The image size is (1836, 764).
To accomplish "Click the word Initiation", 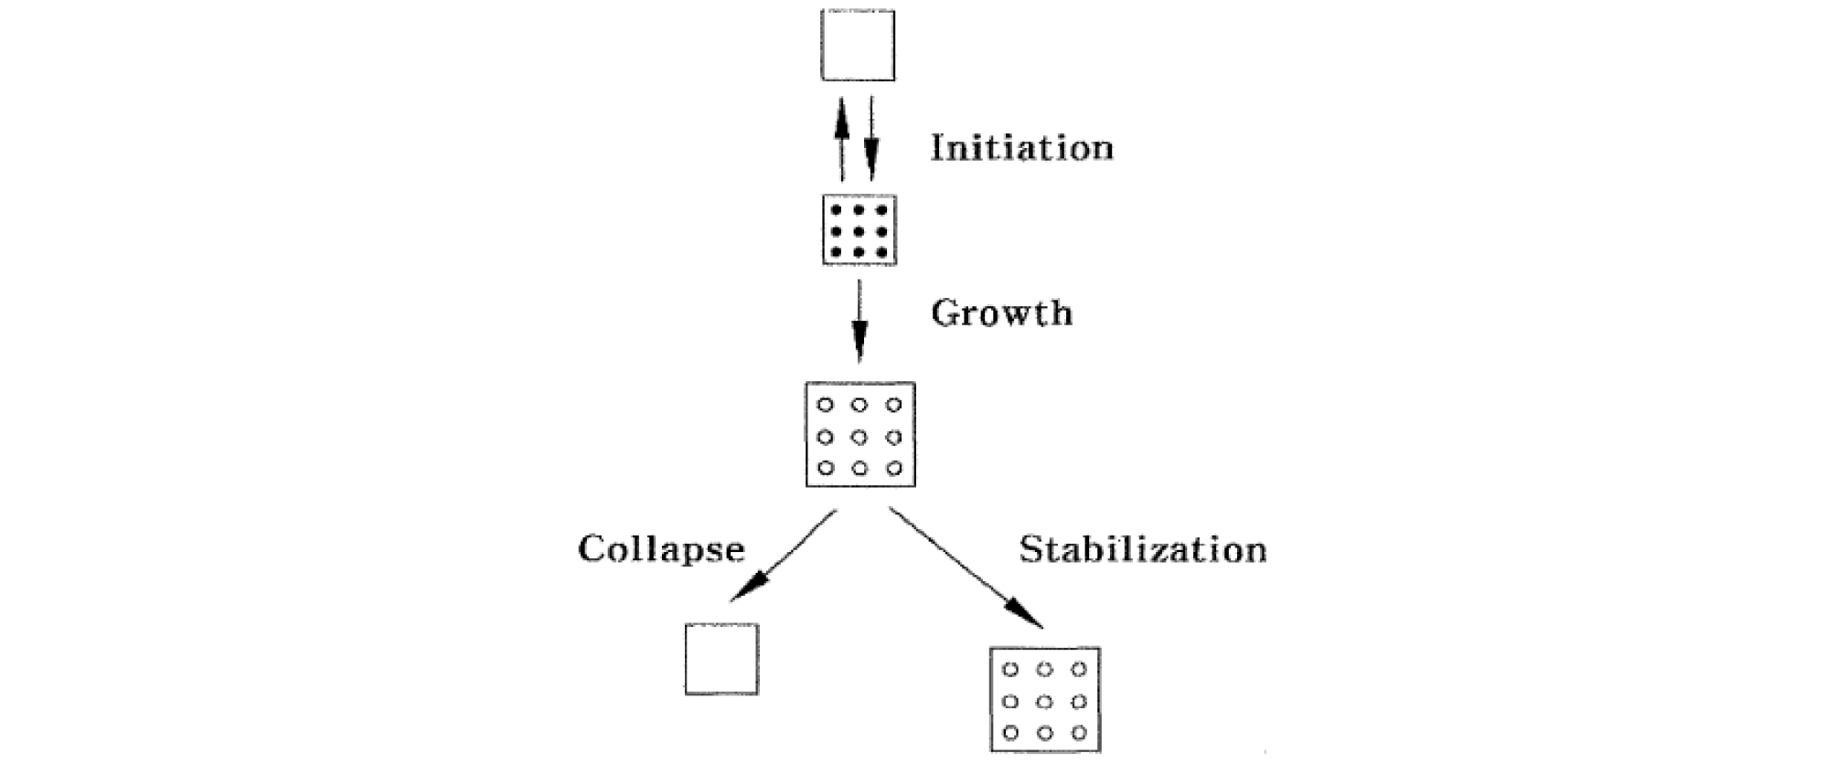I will tap(1021, 148).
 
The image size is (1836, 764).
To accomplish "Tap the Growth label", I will tap(1001, 313).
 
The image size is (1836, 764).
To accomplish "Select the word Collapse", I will tap(661, 549).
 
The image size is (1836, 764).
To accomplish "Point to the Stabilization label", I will tap(1143, 550).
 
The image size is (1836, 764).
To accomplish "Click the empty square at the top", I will tap(858, 46).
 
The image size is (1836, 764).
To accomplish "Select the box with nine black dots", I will tap(859, 230).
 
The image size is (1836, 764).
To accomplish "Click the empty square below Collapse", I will tap(721, 659).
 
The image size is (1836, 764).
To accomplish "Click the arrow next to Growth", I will tap(859, 320).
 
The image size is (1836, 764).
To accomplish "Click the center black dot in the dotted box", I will tap(859, 231).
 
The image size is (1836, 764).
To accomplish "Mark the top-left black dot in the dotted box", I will tap(836, 210).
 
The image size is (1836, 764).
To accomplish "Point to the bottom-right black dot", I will tap(881, 252).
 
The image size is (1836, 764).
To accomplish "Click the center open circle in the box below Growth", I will tap(859, 437).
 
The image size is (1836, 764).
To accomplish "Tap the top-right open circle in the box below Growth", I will tap(893, 405).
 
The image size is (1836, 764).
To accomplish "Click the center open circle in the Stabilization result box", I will tap(1045, 702).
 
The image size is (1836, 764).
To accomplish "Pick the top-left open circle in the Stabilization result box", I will tap(1010, 670).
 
